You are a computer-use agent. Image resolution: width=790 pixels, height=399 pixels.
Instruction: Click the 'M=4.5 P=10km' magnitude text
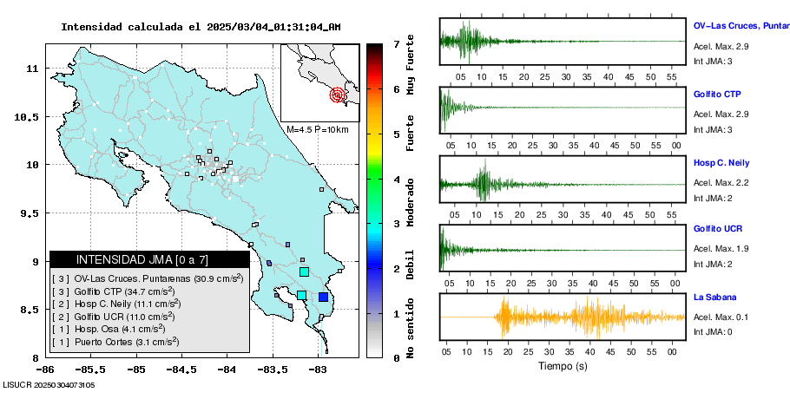[x=318, y=129]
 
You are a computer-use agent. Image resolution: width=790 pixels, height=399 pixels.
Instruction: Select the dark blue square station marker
[x=323, y=297]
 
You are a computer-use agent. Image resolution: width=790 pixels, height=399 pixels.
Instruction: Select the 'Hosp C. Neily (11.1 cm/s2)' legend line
[x=121, y=304]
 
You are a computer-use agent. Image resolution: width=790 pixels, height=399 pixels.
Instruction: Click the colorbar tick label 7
[x=396, y=43]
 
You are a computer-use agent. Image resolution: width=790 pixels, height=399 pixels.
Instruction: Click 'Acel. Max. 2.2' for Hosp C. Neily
[x=721, y=182]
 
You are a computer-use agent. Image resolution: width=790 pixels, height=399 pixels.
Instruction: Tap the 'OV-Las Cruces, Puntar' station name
[x=741, y=26]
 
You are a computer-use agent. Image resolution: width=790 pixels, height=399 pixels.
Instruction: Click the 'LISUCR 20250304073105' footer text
[x=49, y=384]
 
